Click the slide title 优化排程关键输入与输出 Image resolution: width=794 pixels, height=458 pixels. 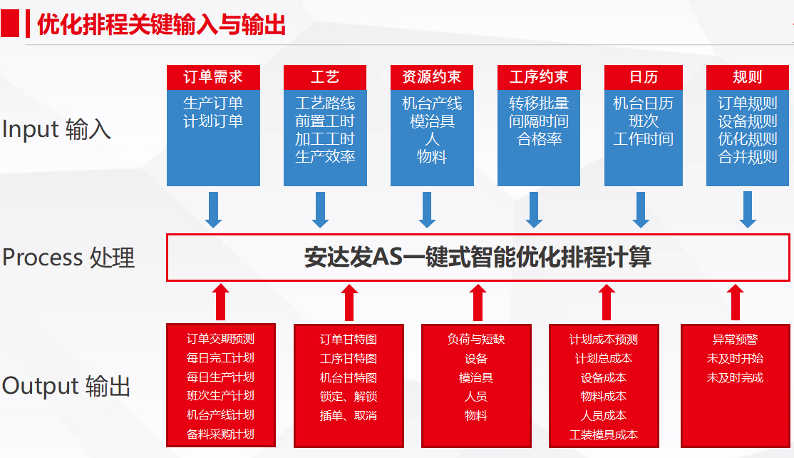(162, 24)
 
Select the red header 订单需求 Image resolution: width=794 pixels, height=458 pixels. (213, 77)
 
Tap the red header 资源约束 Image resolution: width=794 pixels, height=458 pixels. (432, 77)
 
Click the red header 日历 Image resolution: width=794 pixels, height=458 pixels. (644, 77)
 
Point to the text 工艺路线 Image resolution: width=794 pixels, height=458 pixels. (325, 103)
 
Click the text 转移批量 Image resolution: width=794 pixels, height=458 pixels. (539, 103)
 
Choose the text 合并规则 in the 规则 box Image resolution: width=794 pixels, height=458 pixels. (748, 156)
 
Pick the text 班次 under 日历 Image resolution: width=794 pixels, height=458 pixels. (644, 121)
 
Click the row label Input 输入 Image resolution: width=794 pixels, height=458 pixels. (56, 129)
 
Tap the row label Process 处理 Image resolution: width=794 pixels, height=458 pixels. (68, 258)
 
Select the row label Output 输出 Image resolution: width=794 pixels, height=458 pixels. (66, 386)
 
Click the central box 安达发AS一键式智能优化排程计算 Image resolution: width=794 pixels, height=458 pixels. (478, 258)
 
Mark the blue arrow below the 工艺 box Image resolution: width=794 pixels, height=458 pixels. (320, 210)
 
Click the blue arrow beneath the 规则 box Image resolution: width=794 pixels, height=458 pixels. (748, 210)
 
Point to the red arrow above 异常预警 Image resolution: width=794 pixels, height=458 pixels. (736, 302)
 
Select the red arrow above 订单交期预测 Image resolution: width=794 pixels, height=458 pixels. (220, 302)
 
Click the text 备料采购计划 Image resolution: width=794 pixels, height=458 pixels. (220, 434)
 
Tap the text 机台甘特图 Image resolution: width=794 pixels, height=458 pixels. (349, 377)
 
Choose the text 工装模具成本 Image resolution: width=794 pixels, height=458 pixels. (604, 434)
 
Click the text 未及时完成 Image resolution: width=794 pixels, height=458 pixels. (736, 377)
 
